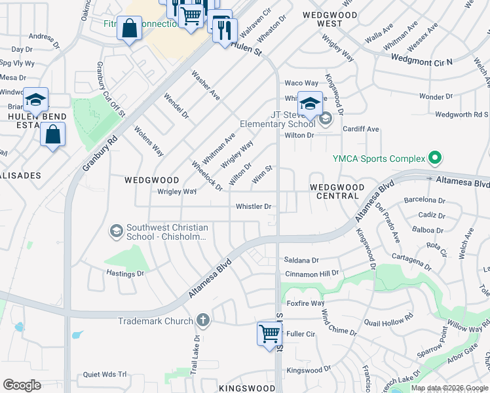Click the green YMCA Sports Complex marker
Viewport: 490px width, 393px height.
[x=433, y=158]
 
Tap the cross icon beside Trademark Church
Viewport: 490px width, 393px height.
[x=203, y=320]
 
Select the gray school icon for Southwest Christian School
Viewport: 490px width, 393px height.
[x=116, y=231]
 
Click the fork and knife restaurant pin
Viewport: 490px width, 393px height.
[x=225, y=29]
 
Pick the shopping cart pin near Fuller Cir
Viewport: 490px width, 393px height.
[x=269, y=333]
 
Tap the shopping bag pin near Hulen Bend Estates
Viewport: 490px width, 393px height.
[x=52, y=134]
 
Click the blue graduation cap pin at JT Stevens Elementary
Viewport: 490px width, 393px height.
[x=310, y=103]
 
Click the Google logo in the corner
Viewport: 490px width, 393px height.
[x=22, y=385]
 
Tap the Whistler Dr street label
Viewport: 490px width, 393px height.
[x=254, y=206]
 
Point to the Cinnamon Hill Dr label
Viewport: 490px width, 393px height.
[x=311, y=272]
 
